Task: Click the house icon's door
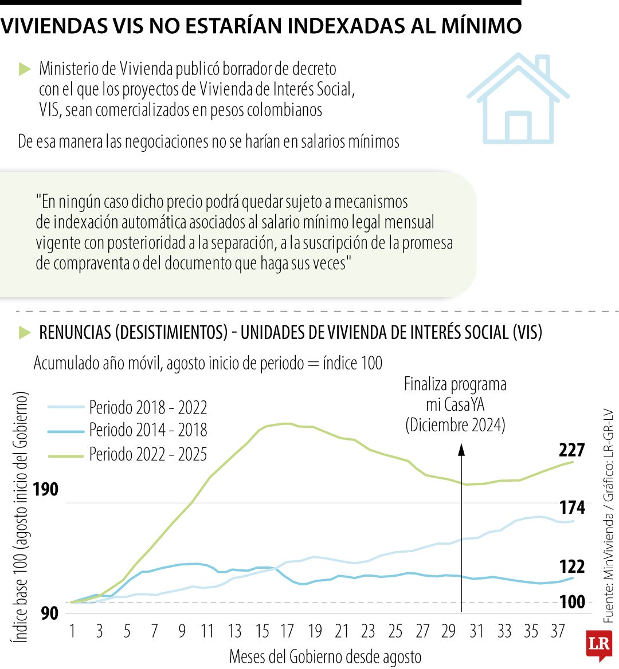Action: click(518, 127)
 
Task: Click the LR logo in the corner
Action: click(598, 644)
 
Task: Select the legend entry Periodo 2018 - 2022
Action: click(148, 407)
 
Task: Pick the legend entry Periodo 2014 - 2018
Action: click(148, 430)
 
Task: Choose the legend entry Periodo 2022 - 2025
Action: click(148, 454)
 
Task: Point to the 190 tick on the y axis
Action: click(45, 489)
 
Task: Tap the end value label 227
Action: click(571, 450)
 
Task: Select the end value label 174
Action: click(571, 507)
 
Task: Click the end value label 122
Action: click(571, 566)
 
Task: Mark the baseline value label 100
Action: click(572, 602)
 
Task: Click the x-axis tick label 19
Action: click(315, 631)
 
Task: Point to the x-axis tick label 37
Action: click(558, 631)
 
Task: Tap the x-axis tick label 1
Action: click(72, 631)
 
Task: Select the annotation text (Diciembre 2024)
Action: click(455, 425)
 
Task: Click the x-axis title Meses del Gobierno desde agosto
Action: click(325, 656)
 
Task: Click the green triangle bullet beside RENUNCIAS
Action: click(25, 332)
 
